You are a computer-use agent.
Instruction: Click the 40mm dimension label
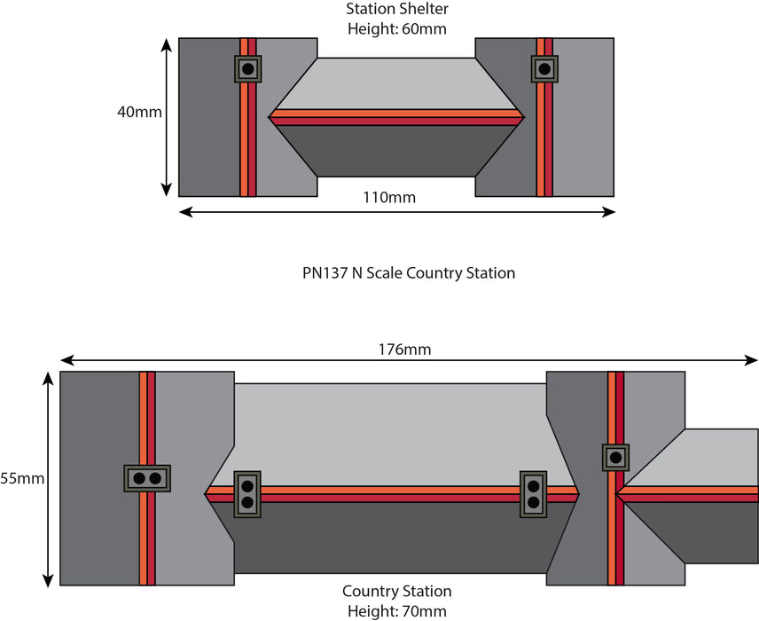(x=139, y=113)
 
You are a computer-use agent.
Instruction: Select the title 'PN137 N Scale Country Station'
(x=408, y=273)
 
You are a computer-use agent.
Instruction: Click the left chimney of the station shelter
(x=248, y=69)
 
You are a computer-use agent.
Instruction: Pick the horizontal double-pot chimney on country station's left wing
(x=147, y=479)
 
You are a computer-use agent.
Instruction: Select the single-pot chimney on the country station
(x=615, y=458)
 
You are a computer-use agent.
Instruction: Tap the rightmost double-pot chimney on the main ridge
(x=534, y=494)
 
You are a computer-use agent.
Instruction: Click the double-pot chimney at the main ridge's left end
(x=247, y=494)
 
